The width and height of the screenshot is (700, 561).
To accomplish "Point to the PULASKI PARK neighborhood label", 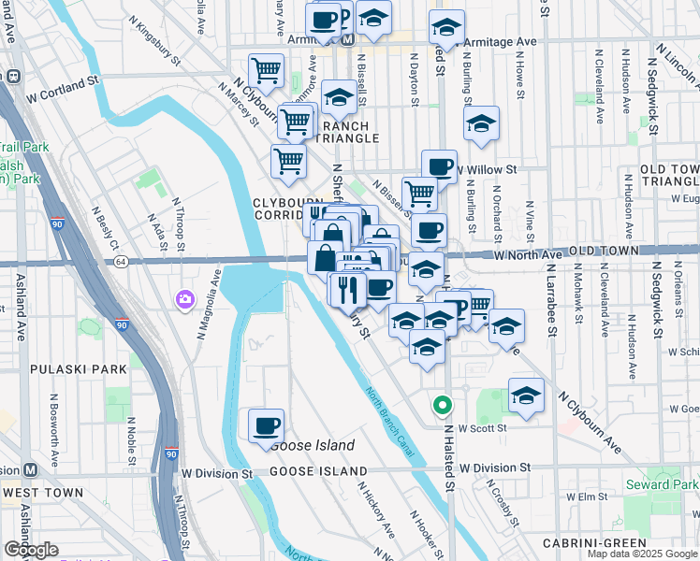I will click(78, 369).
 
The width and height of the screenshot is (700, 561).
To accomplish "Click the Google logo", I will click(31, 550).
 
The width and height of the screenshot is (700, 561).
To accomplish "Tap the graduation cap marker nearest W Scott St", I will click(526, 396).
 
